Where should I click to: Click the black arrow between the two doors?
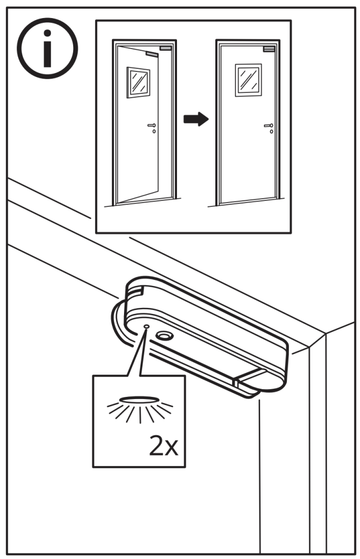click(196, 118)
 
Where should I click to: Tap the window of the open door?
click(138, 82)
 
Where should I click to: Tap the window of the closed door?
click(249, 80)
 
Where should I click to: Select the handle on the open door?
click(152, 126)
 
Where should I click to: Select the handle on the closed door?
click(269, 126)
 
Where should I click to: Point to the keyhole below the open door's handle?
click(154, 132)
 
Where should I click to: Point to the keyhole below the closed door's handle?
click(272, 132)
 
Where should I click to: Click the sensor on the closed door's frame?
click(269, 49)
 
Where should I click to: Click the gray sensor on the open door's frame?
click(166, 48)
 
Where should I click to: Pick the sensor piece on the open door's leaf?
click(152, 55)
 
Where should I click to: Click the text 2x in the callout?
click(163, 445)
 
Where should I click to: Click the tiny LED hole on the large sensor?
click(146, 326)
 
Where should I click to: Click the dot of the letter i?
click(47, 33)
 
